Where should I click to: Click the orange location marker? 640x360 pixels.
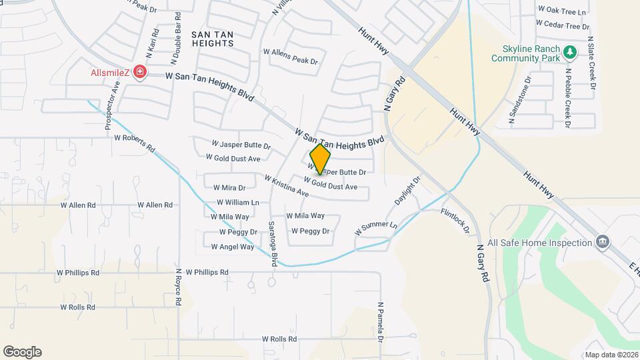coord(320,159)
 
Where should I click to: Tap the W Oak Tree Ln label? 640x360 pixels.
coord(561,11)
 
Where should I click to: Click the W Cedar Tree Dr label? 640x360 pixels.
coord(563,26)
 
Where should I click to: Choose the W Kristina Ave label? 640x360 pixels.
coord(286,186)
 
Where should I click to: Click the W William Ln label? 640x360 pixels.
coord(237,202)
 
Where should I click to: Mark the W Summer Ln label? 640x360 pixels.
coord(375,229)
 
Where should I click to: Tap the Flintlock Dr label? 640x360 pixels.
coord(455,221)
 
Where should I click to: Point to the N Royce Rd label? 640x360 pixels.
coord(178,287)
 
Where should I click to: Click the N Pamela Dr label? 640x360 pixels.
coord(380,322)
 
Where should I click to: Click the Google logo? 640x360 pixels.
coord(23,351)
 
